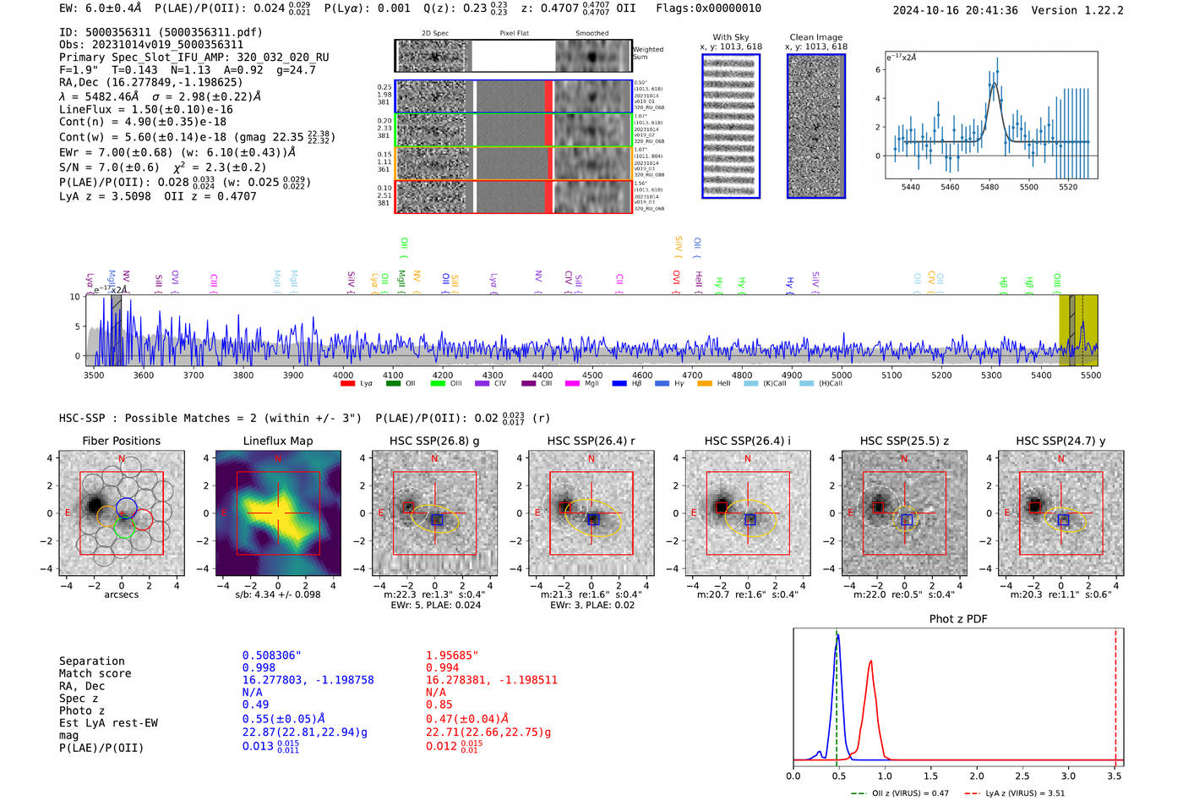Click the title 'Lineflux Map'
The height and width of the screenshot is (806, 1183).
click(277, 441)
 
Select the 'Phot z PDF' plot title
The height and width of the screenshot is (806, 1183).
click(958, 619)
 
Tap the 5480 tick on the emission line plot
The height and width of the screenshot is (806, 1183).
click(989, 187)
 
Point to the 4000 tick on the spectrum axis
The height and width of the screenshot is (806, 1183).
click(343, 376)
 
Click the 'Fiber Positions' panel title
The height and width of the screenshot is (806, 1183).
click(121, 441)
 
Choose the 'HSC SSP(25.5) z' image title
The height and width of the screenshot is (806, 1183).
click(903, 441)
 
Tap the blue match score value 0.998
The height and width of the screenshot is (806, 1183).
click(259, 668)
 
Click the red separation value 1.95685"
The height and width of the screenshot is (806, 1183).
click(452, 655)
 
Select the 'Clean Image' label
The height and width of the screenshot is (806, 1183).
click(815, 37)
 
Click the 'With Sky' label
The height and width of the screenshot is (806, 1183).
click(730, 37)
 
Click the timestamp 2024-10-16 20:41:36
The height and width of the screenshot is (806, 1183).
click(955, 11)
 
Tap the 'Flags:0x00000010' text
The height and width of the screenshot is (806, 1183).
click(708, 8)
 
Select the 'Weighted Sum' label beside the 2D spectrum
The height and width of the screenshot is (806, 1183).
click(648, 53)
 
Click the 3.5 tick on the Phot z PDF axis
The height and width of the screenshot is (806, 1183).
click(1115, 776)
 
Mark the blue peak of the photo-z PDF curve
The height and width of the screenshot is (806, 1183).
click(837, 637)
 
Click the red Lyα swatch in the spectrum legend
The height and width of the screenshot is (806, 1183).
click(347, 384)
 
